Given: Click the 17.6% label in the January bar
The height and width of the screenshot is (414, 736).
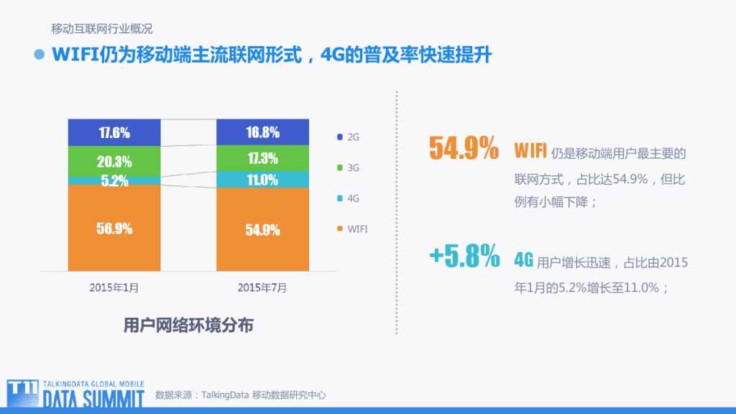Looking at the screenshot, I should (114, 133).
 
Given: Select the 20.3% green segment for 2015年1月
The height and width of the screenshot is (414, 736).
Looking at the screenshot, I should (114, 161).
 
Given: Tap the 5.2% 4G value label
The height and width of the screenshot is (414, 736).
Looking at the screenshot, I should (114, 181).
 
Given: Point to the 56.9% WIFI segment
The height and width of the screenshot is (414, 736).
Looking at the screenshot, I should (114, 229).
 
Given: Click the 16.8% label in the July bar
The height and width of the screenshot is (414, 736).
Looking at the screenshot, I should (262, 133).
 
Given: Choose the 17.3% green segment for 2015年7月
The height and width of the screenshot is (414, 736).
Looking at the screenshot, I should (262, 158).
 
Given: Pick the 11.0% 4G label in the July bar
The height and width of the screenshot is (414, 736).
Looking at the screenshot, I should (262, 180).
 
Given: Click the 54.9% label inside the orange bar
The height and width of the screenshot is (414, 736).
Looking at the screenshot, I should (262, 230).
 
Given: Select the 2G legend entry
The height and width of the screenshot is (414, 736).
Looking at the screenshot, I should (348, 137).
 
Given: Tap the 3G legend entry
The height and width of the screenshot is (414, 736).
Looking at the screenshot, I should (348, 167).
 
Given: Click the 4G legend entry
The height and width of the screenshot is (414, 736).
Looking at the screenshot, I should (348, 198).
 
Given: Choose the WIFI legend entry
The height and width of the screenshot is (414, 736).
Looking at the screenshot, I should (352, 229).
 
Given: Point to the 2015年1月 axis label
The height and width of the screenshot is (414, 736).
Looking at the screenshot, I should (114, 287).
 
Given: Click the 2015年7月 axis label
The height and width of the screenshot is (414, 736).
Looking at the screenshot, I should (262, 287).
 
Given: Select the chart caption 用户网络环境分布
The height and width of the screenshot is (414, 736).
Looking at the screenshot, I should (188, 325).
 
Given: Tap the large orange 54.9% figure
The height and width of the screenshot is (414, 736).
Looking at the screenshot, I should (464, 149).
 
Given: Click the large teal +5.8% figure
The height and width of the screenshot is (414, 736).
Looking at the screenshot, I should (464, 257).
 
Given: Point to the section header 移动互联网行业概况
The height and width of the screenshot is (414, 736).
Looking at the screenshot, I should (101, 29).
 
